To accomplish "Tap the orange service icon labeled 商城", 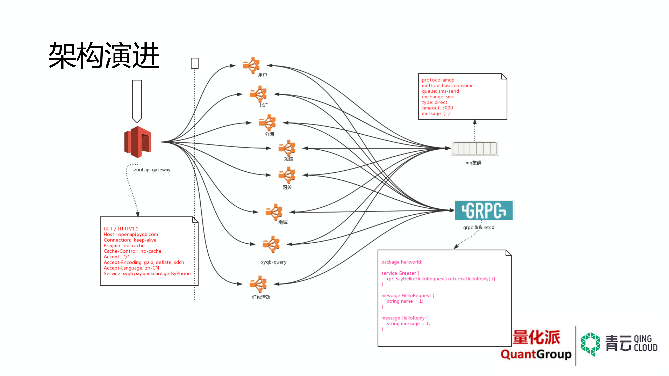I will click(x=274, y=212).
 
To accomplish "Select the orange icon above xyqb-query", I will click(x=271, y=244).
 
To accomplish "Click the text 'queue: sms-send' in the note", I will click(x=440, y=91).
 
